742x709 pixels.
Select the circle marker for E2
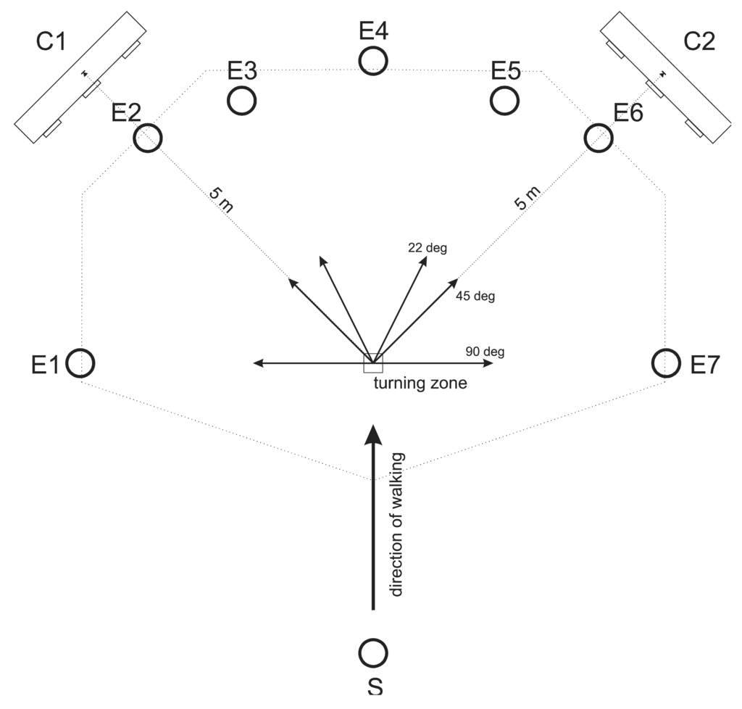(x=148, y=137)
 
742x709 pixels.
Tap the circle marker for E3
(x=241, y=100)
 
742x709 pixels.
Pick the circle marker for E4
(x=373, y=59)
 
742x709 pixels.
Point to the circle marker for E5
(x=504, y=100)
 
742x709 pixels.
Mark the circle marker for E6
(x=599, y=137)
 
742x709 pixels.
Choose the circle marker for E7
(x=665, y=362)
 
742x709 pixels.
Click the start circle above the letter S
(x=373, y=652)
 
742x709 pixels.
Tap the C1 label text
(x=51, y=43)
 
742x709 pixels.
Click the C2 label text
(x=699, y=43)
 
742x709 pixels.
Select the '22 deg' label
(x=428, y=248)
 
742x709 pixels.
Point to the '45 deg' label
(x=475, y=296)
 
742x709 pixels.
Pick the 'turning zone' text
(x=415, y=384)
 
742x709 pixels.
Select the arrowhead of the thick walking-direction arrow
(x=373, y=434)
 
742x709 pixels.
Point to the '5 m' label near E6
(x=527, y=197)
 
